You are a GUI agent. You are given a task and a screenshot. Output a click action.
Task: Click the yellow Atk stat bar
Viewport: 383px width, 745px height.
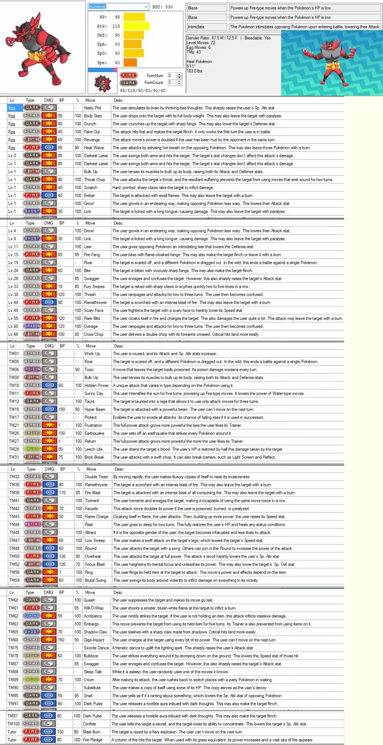point(136,26)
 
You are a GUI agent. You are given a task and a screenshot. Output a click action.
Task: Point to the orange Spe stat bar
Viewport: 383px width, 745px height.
point(130,63)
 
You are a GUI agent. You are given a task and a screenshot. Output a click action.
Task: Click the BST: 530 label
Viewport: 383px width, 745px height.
point(162,7)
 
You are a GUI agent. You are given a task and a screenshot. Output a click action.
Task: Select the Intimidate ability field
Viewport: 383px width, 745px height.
point(206,27)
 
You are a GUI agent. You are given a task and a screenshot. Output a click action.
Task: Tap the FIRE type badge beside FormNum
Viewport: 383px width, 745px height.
point(128,75)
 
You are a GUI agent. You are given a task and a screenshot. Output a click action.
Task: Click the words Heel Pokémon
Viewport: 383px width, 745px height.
point(199,62)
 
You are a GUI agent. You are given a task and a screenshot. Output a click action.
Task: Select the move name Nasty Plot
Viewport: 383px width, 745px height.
point(92,108)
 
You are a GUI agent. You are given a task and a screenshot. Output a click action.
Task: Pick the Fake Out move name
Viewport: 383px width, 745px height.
point(92,132)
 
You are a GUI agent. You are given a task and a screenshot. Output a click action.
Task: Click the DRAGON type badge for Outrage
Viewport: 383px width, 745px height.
point(32,326)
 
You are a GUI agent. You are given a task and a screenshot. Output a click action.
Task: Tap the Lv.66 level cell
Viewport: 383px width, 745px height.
point(13,334)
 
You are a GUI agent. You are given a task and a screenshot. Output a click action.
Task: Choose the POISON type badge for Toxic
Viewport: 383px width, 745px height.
point(33,369)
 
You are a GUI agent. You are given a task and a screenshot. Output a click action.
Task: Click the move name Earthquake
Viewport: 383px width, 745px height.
point(94,433)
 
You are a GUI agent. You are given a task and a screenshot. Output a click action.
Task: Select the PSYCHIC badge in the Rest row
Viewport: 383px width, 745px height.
point(33,524)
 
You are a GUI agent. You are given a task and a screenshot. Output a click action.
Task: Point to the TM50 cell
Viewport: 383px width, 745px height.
point(14,556)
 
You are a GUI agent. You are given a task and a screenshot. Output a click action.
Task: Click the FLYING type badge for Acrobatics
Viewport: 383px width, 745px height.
point(32,616)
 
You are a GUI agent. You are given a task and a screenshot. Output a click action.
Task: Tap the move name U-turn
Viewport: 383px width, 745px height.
point(89,680)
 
